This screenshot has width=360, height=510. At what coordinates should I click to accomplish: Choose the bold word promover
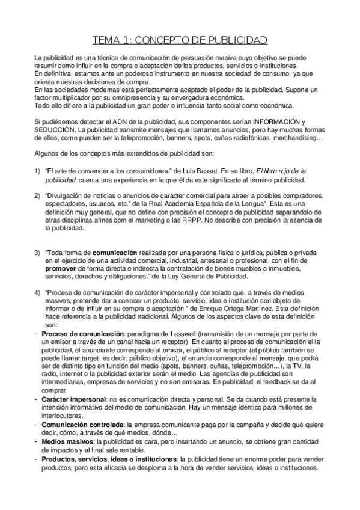61,268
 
